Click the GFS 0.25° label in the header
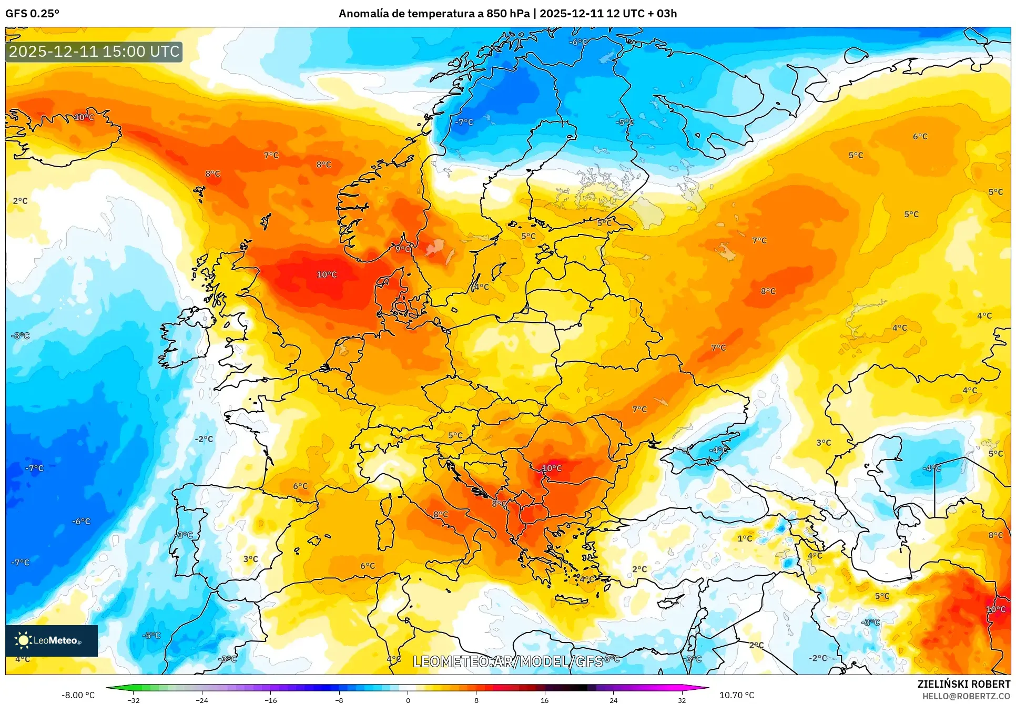(32, 14)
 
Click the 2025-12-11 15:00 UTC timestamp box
(94, 52)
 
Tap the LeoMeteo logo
(51, 640)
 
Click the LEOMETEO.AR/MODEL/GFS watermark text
(507, 661)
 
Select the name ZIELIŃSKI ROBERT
(963, 684)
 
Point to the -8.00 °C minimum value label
(78, 695)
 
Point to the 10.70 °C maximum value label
(736, 695)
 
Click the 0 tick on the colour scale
(408, 700)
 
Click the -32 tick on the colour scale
(134, 700)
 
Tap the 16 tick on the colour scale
(544, 700)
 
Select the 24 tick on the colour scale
(613, 700)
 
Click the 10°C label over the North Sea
(327, 274)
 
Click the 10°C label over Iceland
(84, 117)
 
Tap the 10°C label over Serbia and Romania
(552, 468)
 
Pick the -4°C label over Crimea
(718, 450)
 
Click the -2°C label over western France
(204, 439)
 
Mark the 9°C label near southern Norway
(403, 249)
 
